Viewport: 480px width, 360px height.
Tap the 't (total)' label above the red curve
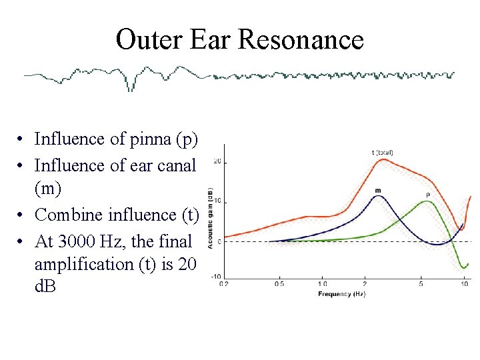pos(382,153)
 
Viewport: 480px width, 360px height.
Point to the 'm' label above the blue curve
pos(378,191)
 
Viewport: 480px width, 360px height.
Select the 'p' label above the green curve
pos(427,195)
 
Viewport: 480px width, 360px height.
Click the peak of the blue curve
pos(379,196)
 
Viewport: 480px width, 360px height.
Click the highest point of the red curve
pos(382,159)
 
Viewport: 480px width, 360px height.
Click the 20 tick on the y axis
pos(217,162)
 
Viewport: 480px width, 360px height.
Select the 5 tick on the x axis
pos(421,284)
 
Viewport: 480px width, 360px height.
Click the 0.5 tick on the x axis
pos(279,284)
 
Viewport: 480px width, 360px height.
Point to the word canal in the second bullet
pos(178,165)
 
